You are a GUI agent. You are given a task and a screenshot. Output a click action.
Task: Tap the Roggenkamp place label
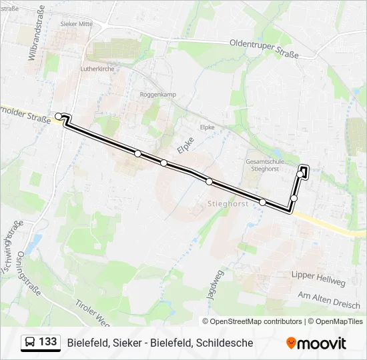(x=157, y=95)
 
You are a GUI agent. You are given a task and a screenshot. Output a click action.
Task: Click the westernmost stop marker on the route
(x=59, y=117)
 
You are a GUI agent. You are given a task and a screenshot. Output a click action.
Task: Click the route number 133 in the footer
(x=47, y=342)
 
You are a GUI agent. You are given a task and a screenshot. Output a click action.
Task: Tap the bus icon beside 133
(x=30, y=343)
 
